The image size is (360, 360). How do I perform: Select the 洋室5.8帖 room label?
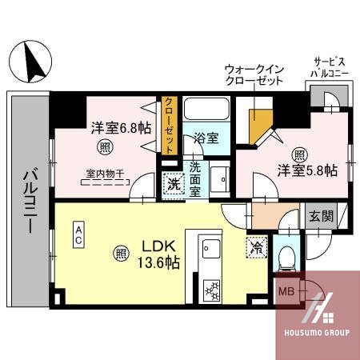(307, 170)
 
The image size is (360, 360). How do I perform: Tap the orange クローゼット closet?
(170, 124)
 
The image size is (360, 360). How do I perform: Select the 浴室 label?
(206, 138)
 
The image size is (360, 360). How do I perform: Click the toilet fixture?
(286, 256)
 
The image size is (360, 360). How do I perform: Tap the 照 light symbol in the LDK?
(120, 254)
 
